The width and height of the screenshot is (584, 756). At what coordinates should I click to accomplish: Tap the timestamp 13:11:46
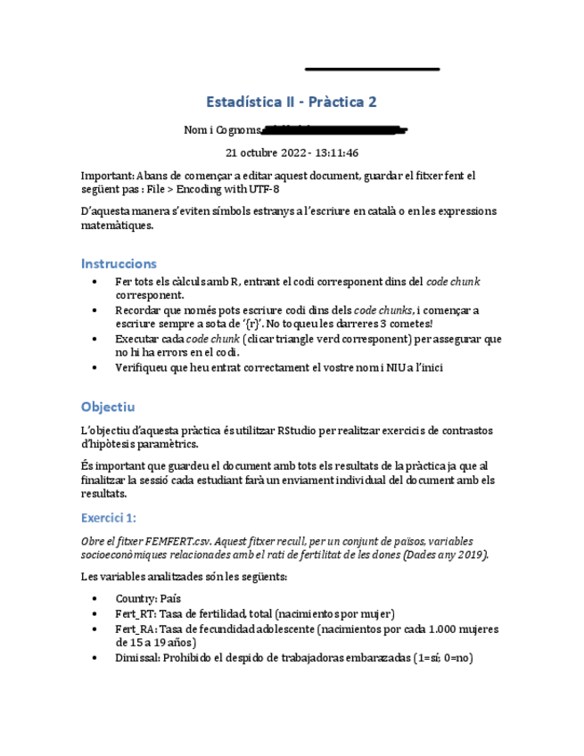coord(334,152)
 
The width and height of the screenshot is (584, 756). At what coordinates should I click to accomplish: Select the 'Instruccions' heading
coord(119,264)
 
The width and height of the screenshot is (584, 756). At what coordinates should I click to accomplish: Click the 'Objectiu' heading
coord(107,407)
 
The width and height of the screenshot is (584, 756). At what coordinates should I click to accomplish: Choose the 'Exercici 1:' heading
coord(108,517)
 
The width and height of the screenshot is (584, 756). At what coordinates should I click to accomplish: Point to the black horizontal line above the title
coord(372,69)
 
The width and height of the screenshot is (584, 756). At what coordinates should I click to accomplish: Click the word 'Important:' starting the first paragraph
coord(106,177)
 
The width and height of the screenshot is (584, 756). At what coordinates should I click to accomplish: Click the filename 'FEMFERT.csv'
coord(176,541)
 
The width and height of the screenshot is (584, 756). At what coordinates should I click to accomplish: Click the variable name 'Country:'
coord(136,599)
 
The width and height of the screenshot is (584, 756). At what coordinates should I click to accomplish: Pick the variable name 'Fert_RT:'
coord(136,614)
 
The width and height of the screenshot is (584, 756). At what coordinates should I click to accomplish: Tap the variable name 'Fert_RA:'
coord(136,629)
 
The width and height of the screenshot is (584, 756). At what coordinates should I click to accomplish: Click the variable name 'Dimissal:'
coord(139,658)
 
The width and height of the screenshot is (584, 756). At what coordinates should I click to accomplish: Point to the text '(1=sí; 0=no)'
coord(439,658)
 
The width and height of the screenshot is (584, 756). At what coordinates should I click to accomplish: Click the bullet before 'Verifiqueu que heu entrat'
coord(96,367)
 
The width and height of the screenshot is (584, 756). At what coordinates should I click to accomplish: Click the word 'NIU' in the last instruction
coord(389,367)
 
